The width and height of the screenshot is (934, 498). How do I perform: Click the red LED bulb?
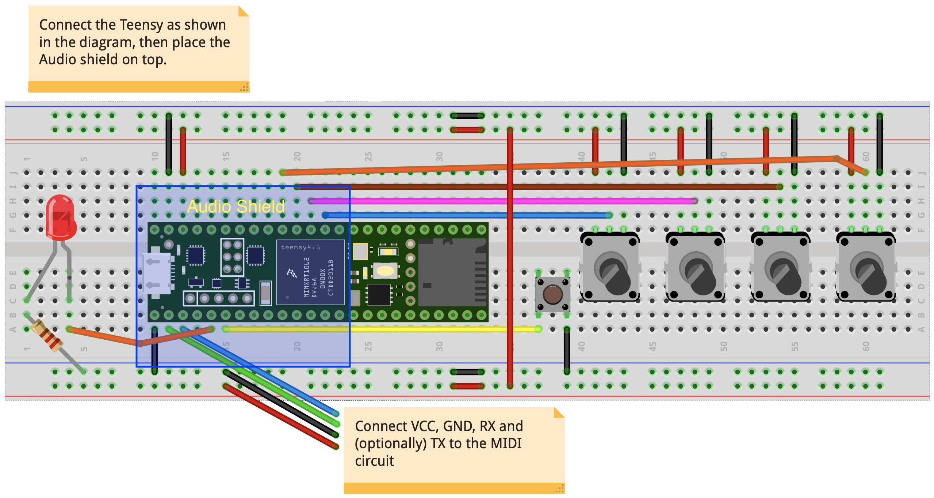pyautogui.click(x=61, y=217)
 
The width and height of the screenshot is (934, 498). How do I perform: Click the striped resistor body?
pyautogui.click(x=47, y=335)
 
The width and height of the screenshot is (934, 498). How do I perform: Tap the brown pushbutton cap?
pyautogui.click(x=552, y=295)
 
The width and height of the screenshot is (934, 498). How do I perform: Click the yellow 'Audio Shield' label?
pyautogui.click(x=236, y=207)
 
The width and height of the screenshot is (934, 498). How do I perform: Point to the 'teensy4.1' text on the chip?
pyautogui.click(x=300, y=247)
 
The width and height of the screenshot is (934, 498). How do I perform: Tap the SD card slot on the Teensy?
pyautogui.click(x=452, y=272)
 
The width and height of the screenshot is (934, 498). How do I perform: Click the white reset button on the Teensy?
pyautogui.click(x=385, y=271)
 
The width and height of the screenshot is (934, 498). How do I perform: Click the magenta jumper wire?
pyautogui.click(x=502, y=201)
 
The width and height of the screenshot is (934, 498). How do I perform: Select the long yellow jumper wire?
pyautogui.click(x=382, y=329)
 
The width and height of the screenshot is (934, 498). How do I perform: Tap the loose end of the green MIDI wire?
pyautogui.click(x=336, y=424)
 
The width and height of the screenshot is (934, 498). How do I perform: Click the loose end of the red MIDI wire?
pyautogui.click(x=336, y=446)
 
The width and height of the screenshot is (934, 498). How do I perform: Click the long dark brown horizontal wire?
pyautogui.click(x=539, y=187)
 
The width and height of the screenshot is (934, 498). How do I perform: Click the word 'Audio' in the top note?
pyautogui.click(x=55, y=60)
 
